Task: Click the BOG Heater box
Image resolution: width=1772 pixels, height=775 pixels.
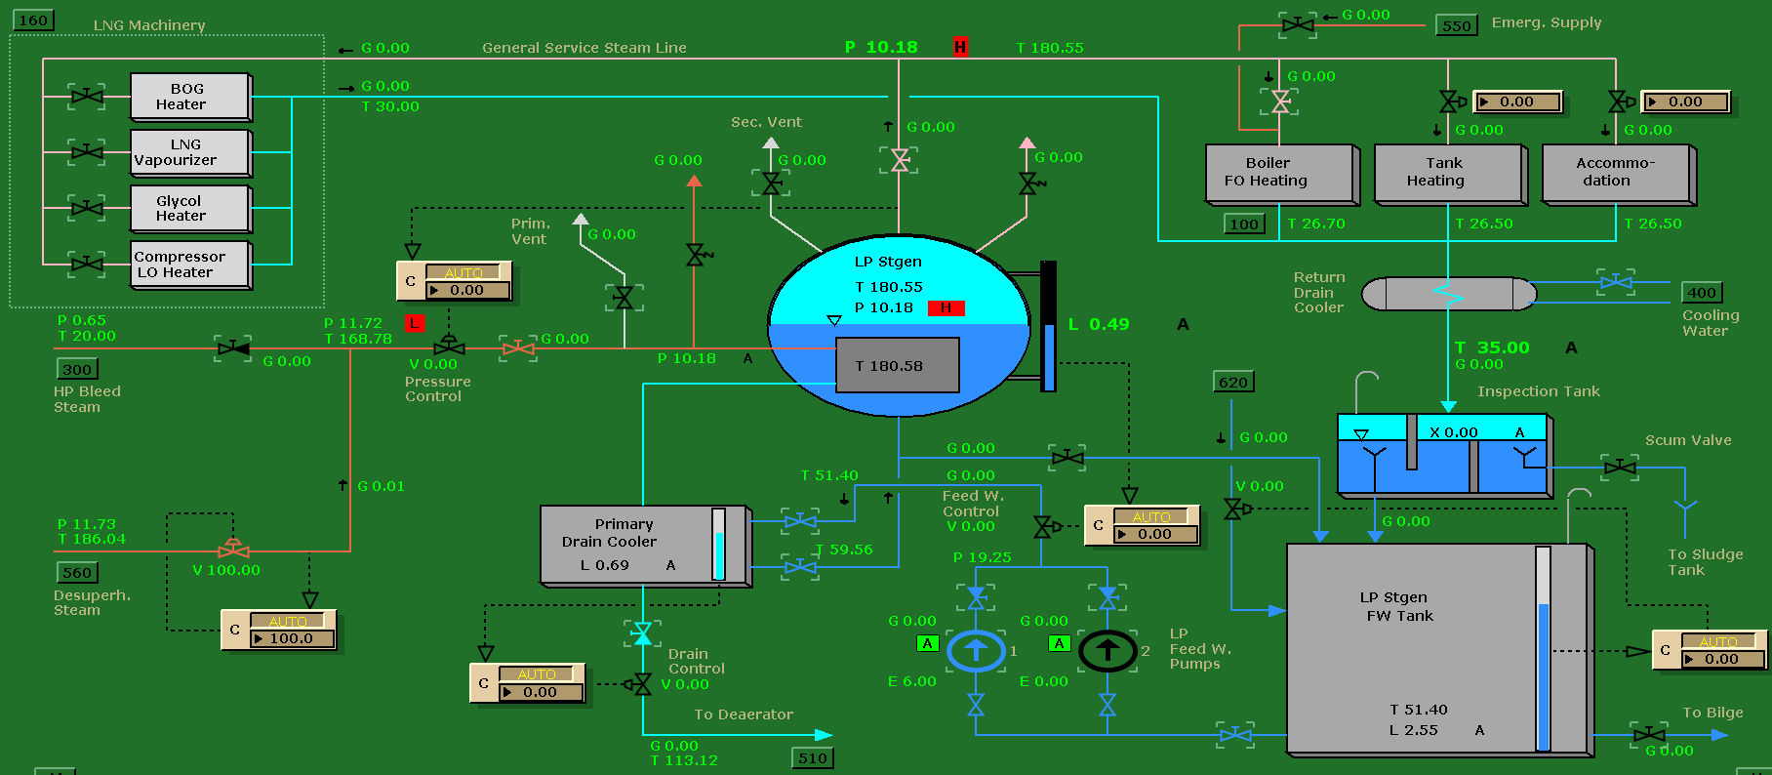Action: click(x=190, y=97)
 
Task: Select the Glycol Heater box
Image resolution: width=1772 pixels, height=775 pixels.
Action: click(x=190, y=209)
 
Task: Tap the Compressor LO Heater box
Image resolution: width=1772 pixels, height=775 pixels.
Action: click(x=190, y=265)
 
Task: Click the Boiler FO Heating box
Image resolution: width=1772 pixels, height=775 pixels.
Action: click(x=1279, y=173)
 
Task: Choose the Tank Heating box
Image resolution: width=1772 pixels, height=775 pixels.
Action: click(x=1448, y=173)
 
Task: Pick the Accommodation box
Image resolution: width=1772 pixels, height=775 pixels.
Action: click(x=1616, y=173)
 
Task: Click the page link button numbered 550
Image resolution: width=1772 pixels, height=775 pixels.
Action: click(x=1456, y=26)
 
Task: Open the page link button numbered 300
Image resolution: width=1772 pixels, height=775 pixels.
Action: click(x=77, y=370)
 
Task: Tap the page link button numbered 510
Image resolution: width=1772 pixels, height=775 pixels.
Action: click(x=812, y=758)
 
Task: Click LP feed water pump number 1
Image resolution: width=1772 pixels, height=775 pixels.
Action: click(x=976, y=651)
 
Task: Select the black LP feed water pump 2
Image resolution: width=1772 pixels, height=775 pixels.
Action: click(x=1107, y=651)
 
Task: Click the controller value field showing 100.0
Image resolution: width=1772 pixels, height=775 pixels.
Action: click(x=292, y=638)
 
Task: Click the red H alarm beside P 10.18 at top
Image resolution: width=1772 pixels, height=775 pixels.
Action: click(x=960, y=47)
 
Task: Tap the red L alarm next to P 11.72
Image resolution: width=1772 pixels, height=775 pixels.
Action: click(x=415, y=323)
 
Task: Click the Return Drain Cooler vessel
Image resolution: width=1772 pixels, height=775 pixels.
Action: click(x=1448, y=294)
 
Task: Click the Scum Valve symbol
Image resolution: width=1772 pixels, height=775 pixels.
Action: click(x=1620, y=468)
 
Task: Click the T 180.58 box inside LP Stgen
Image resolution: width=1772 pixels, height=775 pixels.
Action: click(x=897, y=366)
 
